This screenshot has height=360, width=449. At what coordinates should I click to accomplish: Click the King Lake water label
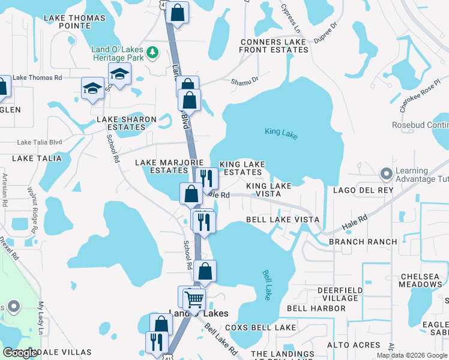tap(281, 132)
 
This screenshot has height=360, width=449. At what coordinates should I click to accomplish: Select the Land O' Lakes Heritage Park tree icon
tap(153, 52)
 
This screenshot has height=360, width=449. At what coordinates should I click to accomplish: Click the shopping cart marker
tap(194, 298)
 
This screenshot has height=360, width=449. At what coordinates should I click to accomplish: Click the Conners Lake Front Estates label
tap(274, 46)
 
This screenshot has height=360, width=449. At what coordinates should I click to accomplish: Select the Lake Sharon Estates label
tap(127, 123)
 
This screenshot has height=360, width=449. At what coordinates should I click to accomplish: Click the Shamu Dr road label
tap(246, 79)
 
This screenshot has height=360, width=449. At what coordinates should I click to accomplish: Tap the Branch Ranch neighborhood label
tap(363, 242)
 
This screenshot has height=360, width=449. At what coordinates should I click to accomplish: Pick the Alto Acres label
tap(354, 345)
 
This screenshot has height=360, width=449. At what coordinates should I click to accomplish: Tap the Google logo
tap(20, 353)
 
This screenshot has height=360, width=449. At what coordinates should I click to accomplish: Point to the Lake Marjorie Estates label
tap(161, 166)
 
